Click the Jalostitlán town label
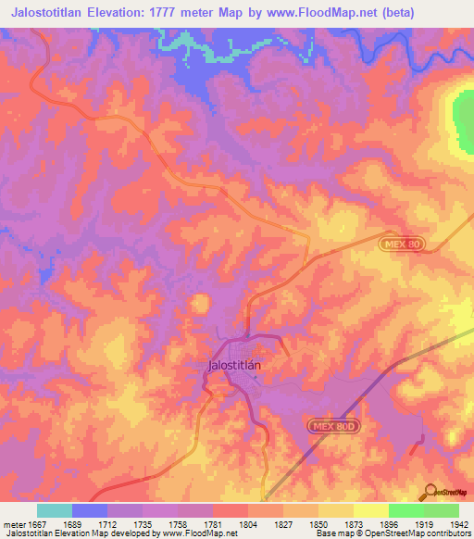[231, 365]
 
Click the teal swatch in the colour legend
[55, 510]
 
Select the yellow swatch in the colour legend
[370, 510]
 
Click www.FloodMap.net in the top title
[326, 12]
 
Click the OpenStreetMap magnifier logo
[431, 491]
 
